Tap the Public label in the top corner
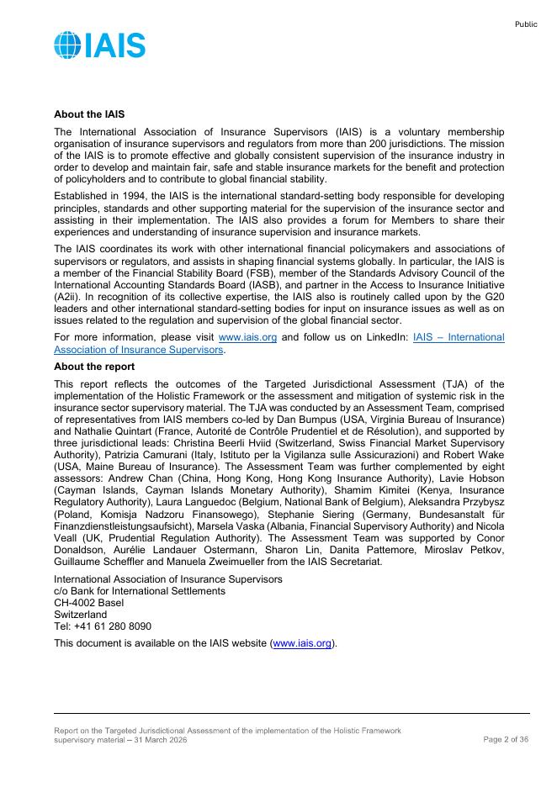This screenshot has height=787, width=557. pyautogui.click(x=526, y=24)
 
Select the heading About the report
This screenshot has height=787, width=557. pyautogui.click(x=93, y=367)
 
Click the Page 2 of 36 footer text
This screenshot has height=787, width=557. pyautogui.click(x=506, y=739)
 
